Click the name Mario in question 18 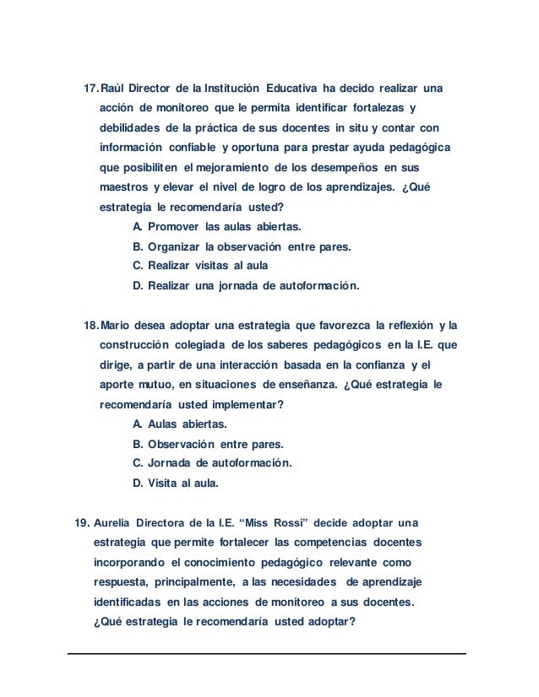click(117, 326)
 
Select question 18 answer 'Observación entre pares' click(215, 444)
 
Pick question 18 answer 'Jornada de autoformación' click(219, 463)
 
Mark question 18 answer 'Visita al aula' click(182, 484)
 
